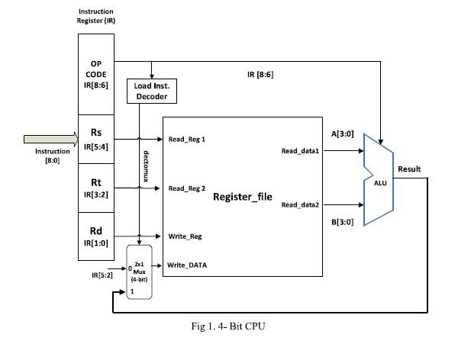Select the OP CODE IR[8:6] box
tap(97, 75)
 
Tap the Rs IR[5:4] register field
tap(97, 140)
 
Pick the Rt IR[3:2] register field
tap(97, 188)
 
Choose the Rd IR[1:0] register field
tap(97, 236)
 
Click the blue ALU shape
tap(379, 179)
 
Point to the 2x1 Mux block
tap(140, 273)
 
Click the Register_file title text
tap(242, 196)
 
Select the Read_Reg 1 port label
tap(187, 140)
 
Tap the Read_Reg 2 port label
tap(187, 188)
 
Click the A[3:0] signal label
tap(340, 133)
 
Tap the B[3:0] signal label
tap(340, 222)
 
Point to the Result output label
tap(409, 169)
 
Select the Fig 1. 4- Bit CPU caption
tap(228, 326)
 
